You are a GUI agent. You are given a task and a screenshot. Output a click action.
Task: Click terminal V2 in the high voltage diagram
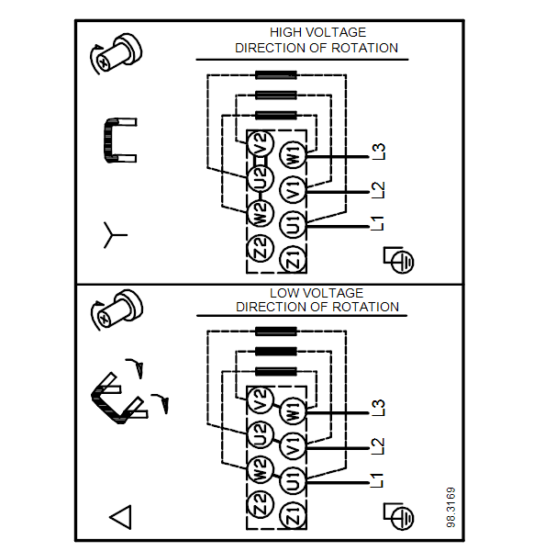(261, 144)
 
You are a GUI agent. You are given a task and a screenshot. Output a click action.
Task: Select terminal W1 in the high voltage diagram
(293, 154)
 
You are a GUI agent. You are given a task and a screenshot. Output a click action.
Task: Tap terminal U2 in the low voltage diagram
(261, 434)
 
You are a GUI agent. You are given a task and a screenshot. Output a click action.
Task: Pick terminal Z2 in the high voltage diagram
(261, 248)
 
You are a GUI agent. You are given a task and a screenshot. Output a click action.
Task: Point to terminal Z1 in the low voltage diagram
(293, 515)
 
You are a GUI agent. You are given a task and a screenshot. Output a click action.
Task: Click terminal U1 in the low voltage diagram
(293, 480)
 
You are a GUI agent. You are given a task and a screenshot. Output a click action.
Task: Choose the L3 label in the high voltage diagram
(378, 152)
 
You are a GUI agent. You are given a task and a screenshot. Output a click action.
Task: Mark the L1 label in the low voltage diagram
(377, 480)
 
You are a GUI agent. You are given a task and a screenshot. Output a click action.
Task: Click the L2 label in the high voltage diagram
(378, 190)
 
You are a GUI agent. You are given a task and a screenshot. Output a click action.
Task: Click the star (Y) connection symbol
(113, 235)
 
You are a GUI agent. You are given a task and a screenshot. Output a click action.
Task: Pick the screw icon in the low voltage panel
(117, 310)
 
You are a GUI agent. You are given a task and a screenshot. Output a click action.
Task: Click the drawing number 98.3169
(450, 507)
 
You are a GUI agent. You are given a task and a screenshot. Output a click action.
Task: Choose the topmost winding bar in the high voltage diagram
(276, 75)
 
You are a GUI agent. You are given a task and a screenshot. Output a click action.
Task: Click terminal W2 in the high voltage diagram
(261, 213)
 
